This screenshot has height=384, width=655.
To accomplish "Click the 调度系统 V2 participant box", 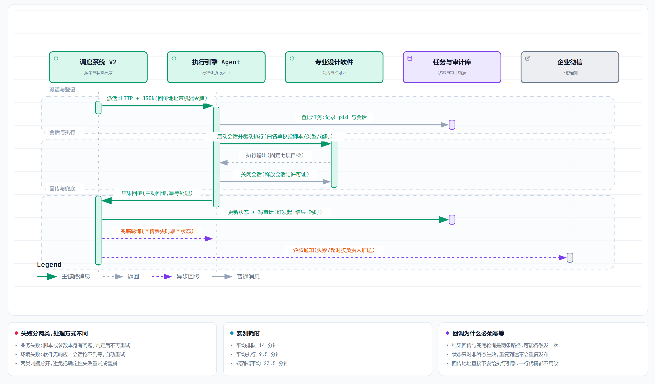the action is pos(98,67).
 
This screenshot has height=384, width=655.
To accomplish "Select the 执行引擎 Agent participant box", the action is pos(216,67).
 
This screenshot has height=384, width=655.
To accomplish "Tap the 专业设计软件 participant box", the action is pos(334,67).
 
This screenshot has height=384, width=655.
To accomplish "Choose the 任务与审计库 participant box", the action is pos(452,67).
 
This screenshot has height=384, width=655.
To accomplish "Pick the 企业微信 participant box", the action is pos(570,67).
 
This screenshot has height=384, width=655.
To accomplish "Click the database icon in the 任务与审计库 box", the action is pos(410,58).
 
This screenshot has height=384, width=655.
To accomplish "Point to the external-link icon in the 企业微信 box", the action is pos(528,58).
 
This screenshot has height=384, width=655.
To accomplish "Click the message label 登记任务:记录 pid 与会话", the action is pos(334,117).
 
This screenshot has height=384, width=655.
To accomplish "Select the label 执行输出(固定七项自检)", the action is pos(275,155).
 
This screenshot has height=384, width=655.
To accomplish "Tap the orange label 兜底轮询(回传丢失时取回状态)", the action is pos(157,231).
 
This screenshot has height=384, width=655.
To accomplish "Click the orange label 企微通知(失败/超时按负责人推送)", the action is pos(334,250).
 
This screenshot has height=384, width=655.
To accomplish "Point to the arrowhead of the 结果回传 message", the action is pos(107,201).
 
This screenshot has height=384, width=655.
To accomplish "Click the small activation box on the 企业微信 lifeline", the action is pos(570,258).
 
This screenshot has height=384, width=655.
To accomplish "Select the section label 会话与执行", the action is pos(62,132).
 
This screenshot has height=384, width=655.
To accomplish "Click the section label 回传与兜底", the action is pos(62,188).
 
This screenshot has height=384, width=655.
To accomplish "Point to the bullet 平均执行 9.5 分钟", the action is pos(258,354).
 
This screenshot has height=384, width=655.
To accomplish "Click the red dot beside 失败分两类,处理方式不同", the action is pos(16,333).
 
